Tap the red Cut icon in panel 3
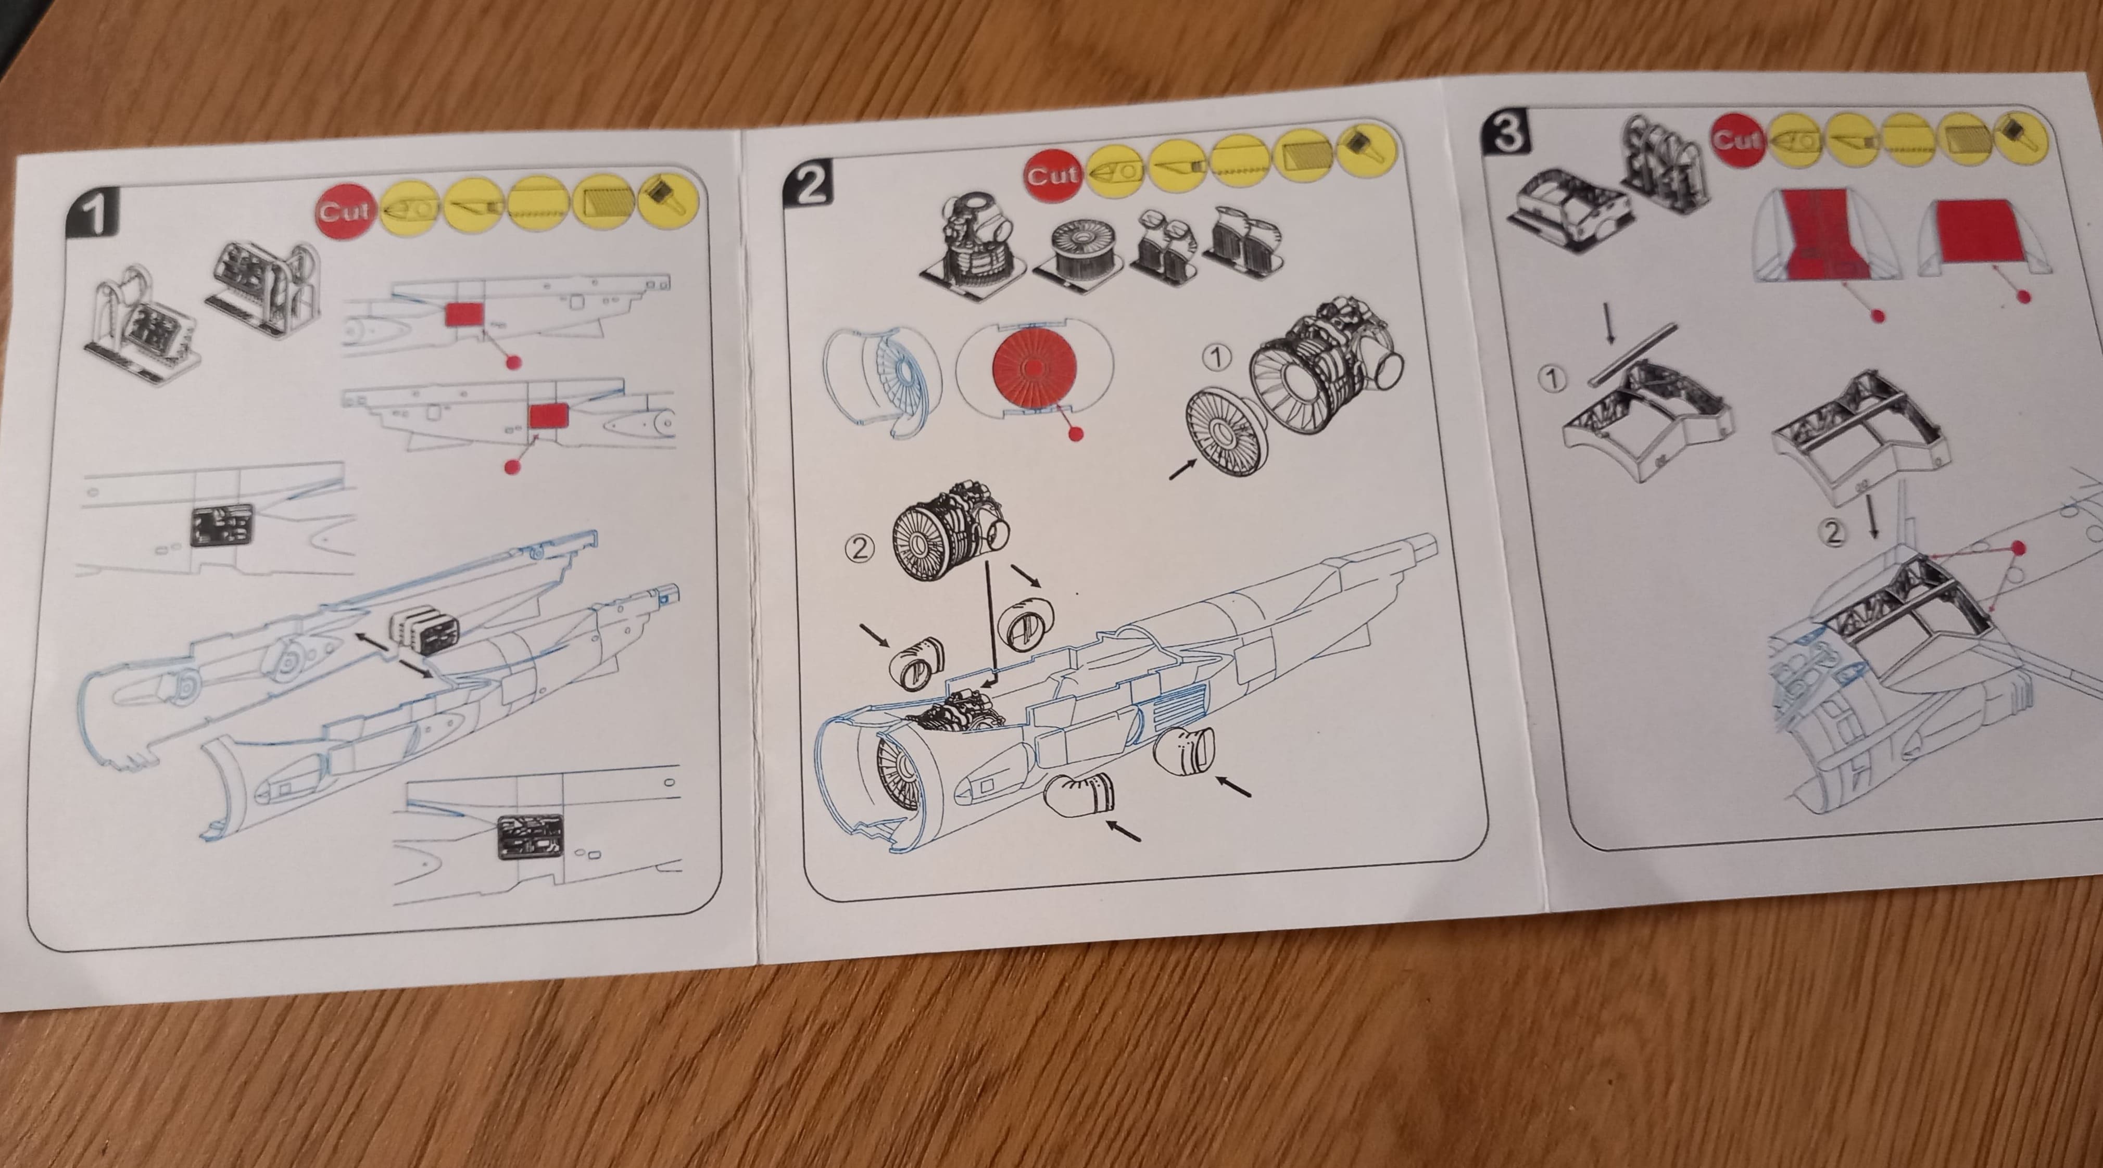(x=1739, y=141)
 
